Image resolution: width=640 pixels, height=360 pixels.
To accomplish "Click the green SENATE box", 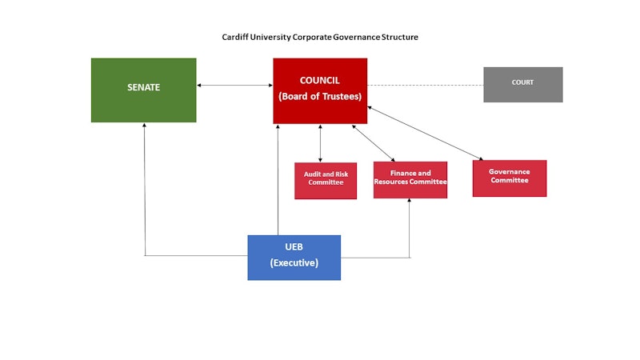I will click(x=143, y=90).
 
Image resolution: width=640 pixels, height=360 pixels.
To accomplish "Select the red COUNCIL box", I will click(x=320, y=90).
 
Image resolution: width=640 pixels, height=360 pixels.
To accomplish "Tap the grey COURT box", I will click(x=522, y=84).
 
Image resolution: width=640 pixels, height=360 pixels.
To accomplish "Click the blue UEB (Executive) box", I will click(x=294, y=257).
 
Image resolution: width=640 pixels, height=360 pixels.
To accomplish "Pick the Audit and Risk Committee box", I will click(x=326, y=180).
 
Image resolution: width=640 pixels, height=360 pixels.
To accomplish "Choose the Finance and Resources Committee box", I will click(x=410, y=179).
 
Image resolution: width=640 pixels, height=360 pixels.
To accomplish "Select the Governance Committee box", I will click(x=509, y=178).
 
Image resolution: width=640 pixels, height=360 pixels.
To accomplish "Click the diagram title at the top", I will click(x=320, y=38).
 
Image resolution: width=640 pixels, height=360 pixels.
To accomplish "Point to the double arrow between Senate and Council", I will click(x=234, y=85).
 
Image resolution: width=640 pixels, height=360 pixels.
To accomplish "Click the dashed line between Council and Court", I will click(x=425, y=85).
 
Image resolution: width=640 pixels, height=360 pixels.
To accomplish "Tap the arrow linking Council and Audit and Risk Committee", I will click(x=321, y=143).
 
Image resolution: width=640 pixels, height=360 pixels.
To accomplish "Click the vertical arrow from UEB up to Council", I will click(x=278, y=180).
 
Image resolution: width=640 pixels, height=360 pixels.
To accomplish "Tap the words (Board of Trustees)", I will click(x=320, y=97).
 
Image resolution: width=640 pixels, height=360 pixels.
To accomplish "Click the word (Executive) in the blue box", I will click(x=294, y=263).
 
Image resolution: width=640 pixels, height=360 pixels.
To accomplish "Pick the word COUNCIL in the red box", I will click(x=320, y=81).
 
